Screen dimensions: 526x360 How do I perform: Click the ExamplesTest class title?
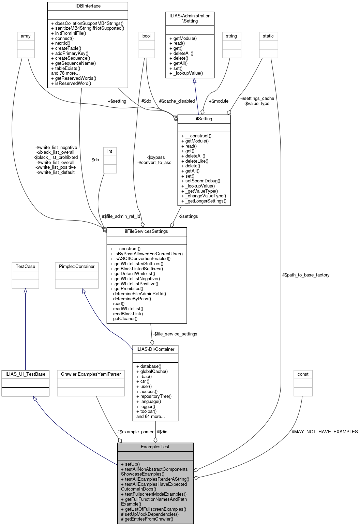(x=155, y=447)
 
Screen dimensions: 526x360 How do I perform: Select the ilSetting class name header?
(x=204, y=119)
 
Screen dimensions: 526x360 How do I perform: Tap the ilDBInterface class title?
(x=87, y=6)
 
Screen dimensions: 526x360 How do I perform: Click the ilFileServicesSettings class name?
(x=147, y=231)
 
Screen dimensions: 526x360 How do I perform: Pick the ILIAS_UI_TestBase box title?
(x=25, y=374)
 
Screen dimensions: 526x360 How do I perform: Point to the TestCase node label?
(x=25, y=266)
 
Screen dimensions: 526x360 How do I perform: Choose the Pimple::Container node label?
(x=77, y=266)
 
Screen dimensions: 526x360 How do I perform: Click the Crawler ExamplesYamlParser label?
(x=91, y=374)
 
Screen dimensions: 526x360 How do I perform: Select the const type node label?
(x=303, y=374)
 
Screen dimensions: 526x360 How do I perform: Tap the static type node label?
(x=268, y=36)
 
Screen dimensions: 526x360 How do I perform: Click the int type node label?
(x=110, y=151)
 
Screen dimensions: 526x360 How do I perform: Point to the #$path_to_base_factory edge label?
(x=306, y=275)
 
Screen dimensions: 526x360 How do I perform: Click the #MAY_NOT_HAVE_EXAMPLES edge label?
(x=325, y=432)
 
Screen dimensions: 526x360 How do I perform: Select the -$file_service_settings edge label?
(x=175, y=334)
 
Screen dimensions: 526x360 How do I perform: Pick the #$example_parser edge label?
(x=135, y=432)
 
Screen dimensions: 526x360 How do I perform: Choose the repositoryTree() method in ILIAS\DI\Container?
(x=156, y=396)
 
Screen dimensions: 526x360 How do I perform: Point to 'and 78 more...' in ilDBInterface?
(x=65, y=73)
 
